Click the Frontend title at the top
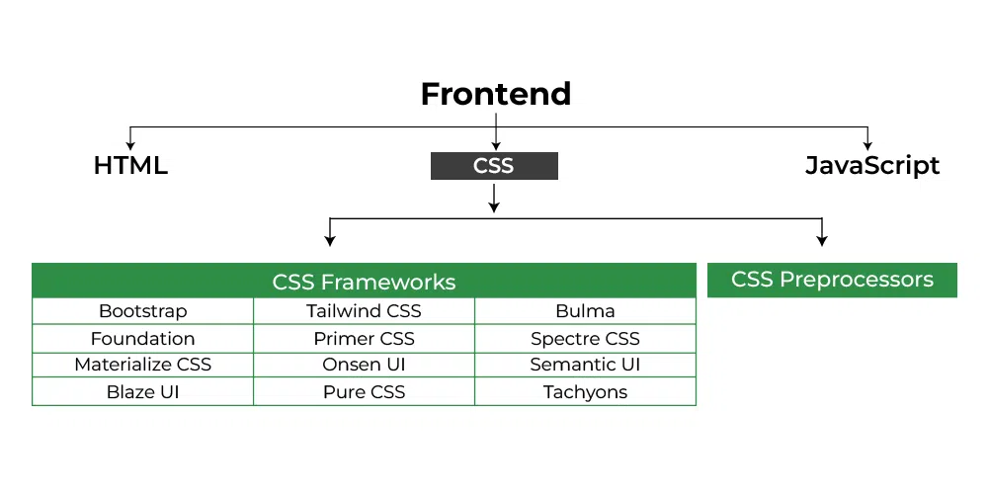pyautogui.click(x=495, y=94)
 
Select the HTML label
pyautogui.click(x=130, y=166)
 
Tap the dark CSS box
pyautogui.click(x=494, y=166)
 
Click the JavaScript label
pyautogui.click(x=871, y=166)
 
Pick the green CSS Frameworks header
pyautogui.click(x=364, y=282)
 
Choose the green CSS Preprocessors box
pyautogui.click(x=832, y=280)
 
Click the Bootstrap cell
pyautogui.click(x=143, y=311)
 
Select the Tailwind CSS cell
pyautogui.click(x=364, y=311)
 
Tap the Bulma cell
pyautogui.click(x=585, y=311)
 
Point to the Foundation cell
pyautogui.click(x=143, y=338)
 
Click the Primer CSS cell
pyautogui.click(x=364, y=338)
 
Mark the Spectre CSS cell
pyautogui.click(x=585, y=338)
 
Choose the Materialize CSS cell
pyautogui.click(x=143, y=365)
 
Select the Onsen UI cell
pyautogui.click(x=364, y=365)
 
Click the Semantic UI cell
pyautogui.click(x=585, y=365)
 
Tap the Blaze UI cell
pyautogui.click(x=143, y=392)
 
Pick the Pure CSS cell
pyautogui.click(x=364, y=392)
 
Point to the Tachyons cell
pyautogui.click(x=585, y=392)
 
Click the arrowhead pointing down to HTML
pyautogui.click(x=130, y=144)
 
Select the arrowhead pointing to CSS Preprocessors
pyautogui.click(x=822, y=240)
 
